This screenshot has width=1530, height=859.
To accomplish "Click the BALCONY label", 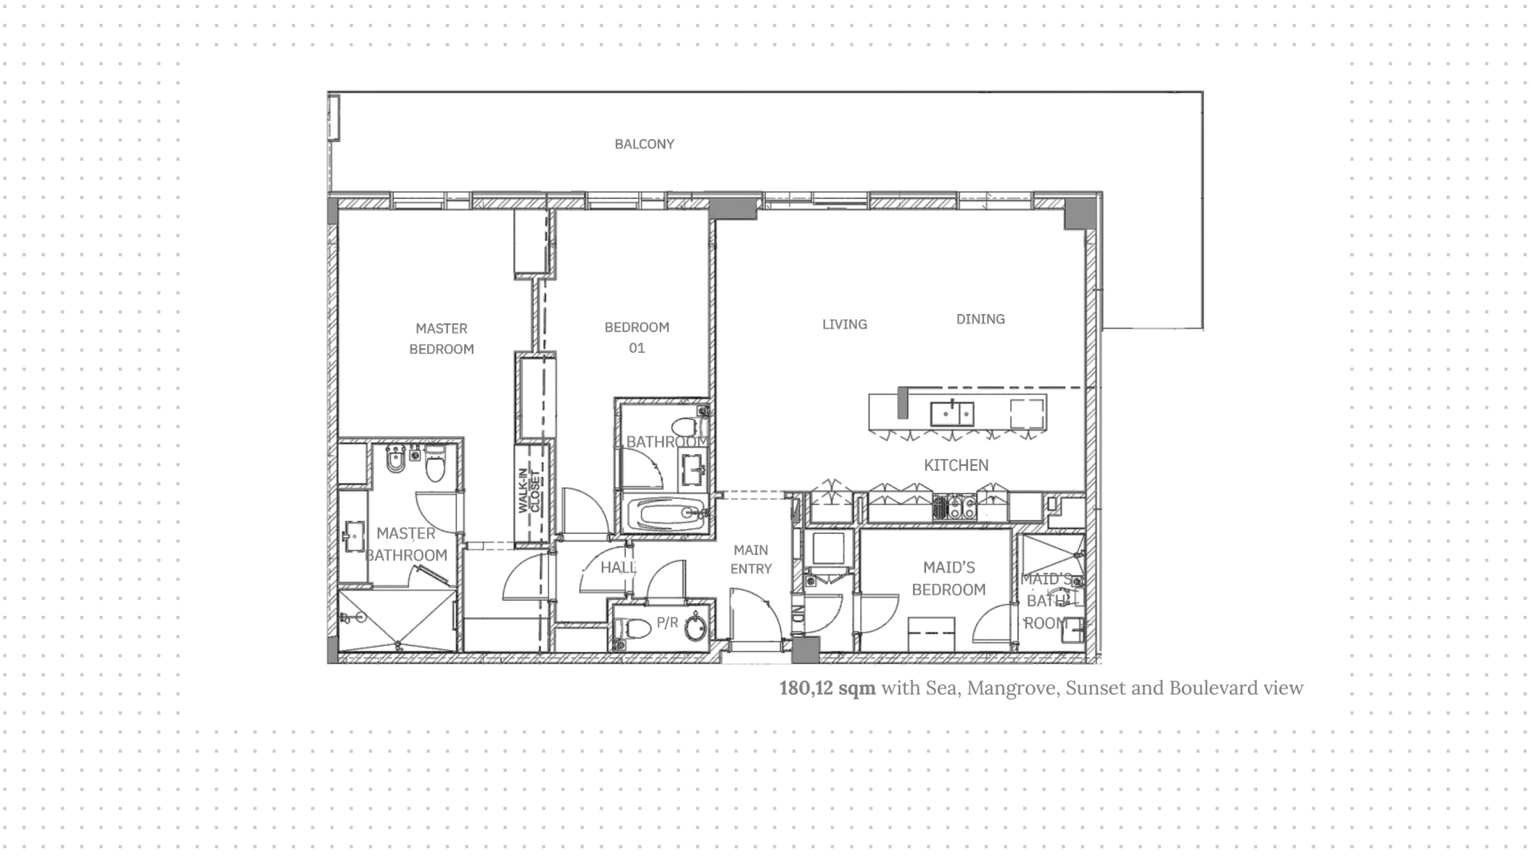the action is click(644, 144).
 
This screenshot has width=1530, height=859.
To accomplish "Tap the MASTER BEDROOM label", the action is click(441, 339).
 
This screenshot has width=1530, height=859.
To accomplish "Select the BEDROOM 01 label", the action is click(637, 337).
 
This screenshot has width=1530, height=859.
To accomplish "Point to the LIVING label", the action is click(845, 324).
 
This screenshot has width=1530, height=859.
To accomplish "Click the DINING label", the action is click(980, 319).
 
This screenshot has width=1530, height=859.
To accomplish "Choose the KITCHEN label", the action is click(956, 465).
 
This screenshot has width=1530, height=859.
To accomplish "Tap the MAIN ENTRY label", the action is click(751, 559).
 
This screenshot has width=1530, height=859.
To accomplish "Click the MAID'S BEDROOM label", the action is click(949, 579).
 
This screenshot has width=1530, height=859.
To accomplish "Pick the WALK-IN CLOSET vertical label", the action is click(528, 491).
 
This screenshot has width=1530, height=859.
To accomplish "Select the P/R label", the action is click(667, 622).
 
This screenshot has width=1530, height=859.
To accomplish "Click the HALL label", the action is click(618, 567).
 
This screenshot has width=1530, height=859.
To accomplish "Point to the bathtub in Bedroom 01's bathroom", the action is click(665, 514).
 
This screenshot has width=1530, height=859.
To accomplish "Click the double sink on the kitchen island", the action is click(952, 414).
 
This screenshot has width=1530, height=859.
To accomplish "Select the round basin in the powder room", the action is click(695, 627).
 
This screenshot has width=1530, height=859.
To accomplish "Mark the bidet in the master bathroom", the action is click(395, 460).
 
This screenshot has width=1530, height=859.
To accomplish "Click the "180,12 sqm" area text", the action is click(827, 688).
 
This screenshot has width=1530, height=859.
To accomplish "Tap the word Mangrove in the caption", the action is click(1011, 688).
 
